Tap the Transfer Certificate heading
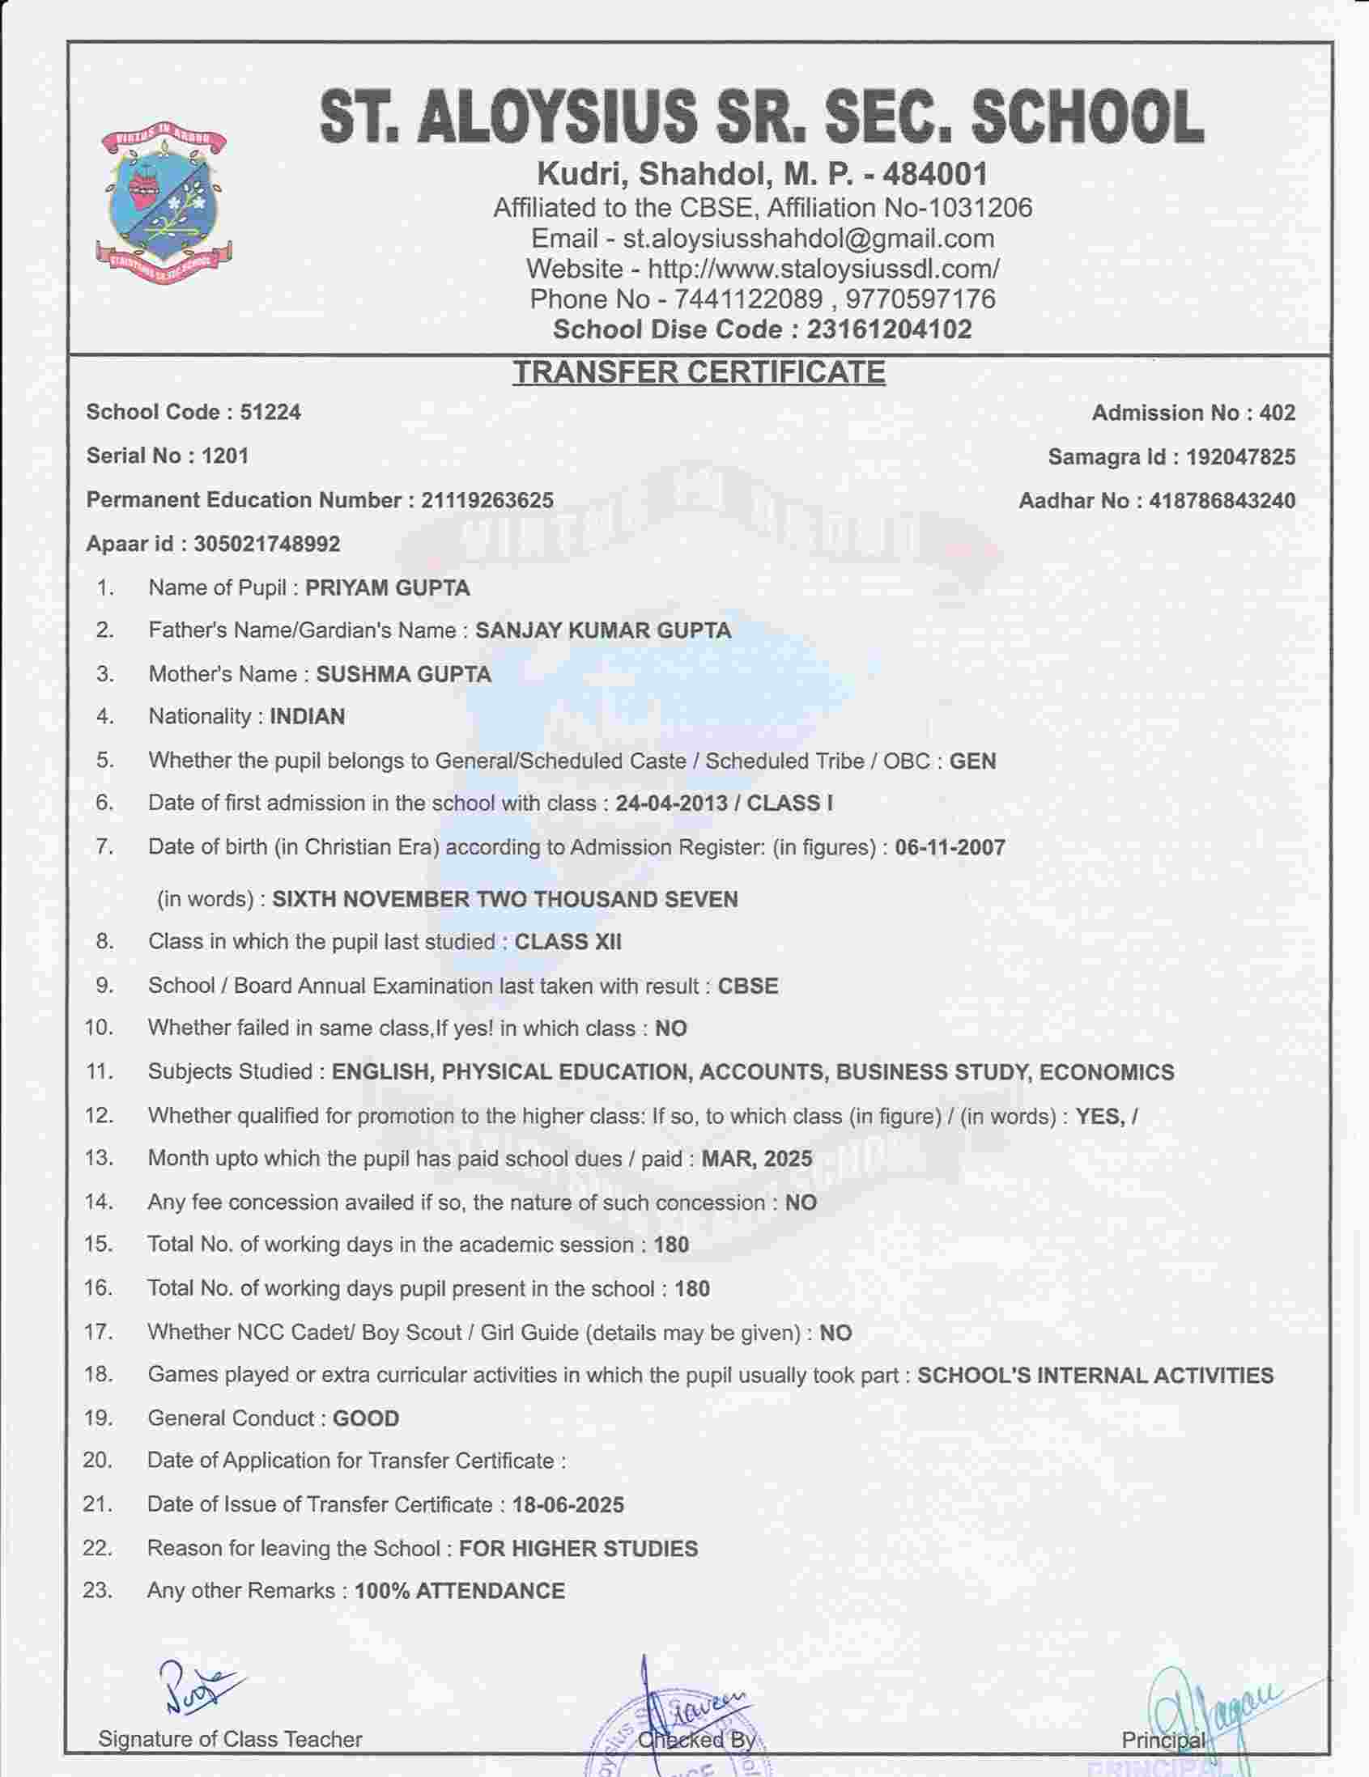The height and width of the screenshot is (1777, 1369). point(699,372)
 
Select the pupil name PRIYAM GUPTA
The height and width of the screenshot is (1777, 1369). point(388,587)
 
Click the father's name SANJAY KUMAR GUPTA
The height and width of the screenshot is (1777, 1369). point(603,630)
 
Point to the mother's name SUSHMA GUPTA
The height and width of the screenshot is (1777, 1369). point(404,675)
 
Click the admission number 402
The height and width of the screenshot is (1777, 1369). point(1277,413)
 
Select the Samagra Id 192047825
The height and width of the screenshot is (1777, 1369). point(1240,456)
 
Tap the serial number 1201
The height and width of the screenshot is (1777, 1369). point(224,456)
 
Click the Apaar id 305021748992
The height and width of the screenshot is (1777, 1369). point(267,544)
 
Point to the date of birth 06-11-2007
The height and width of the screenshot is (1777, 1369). point(950,848)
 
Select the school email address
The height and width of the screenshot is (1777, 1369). point(808,239)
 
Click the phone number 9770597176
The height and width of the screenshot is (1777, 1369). point(920,299)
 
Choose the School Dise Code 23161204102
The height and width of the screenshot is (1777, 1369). point(889,329)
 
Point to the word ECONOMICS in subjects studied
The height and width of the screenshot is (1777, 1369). point(1107,1072)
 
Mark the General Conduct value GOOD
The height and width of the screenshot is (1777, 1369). point(366,1419)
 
